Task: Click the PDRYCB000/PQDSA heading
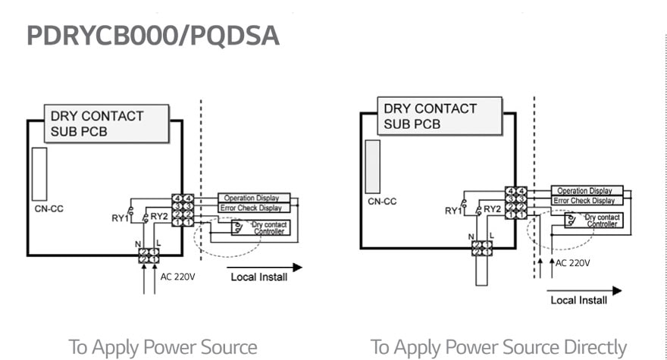152,36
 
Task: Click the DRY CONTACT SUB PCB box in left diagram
106,124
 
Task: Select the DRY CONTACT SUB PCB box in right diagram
440,116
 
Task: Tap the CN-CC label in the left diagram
49,207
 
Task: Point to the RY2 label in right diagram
492,208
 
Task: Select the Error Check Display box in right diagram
584,201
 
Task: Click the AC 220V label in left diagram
177,277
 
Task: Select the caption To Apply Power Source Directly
499,347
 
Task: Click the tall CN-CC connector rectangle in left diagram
39,174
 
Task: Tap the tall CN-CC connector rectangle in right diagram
373,166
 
